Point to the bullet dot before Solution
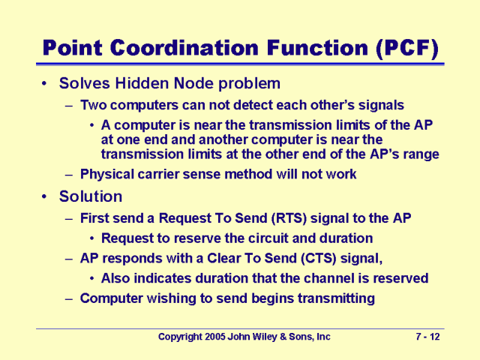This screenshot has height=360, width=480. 46,196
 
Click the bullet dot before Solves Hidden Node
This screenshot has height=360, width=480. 46,82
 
